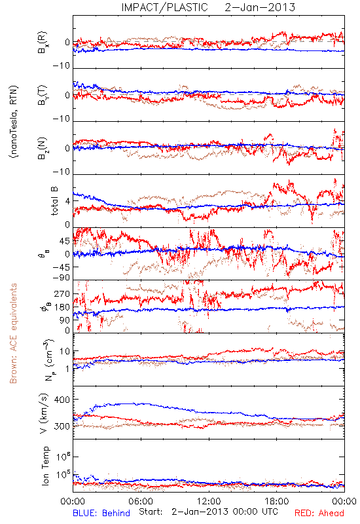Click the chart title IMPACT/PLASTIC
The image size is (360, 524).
point(164,7)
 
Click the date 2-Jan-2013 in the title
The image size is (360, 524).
point(260,7)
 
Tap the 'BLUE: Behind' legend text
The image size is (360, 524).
point(101,513)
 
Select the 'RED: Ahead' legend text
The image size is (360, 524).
point(319,513)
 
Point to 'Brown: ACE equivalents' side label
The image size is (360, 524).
point(13,333)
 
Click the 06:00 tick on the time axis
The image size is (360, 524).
point(141,501)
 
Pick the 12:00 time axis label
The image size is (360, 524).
point(209,501)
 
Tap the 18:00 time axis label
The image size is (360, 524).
point(277,501)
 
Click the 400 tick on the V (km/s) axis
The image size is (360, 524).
point(62,400)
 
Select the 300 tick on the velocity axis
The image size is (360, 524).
point(62,426)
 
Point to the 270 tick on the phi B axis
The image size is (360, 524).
point(62,293)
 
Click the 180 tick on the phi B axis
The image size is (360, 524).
point(62,307)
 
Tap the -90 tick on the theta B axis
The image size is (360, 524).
point(61,278)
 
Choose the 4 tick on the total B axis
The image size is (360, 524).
point(67,201)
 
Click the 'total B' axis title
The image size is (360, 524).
point(54,201)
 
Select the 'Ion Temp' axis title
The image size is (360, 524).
point(46,466)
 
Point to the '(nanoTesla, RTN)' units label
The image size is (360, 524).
point(14,122)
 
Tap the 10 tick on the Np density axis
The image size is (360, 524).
point(65,351)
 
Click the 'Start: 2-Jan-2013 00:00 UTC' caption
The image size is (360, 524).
point(208,512)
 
